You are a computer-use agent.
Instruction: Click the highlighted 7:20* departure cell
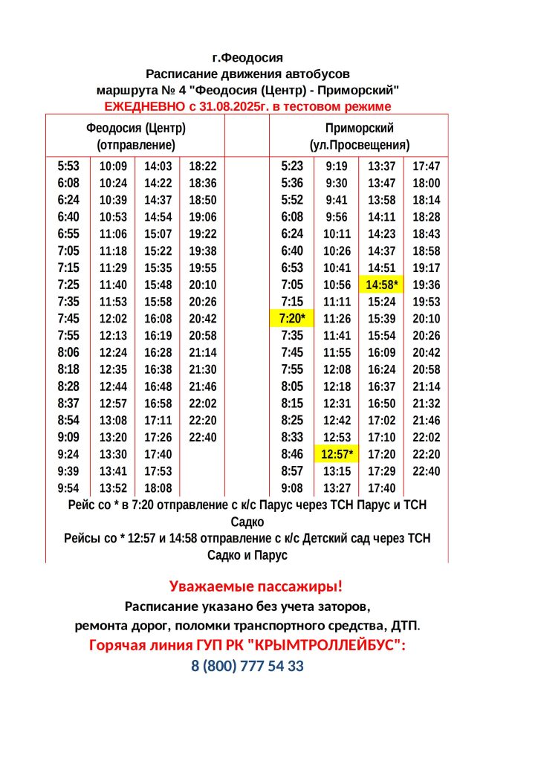point(292,318)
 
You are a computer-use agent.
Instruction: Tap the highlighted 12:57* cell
point(337,453)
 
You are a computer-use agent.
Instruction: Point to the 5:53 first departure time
point(68,166)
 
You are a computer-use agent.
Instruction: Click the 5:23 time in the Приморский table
point(292,166)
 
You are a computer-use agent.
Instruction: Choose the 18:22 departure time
point(203,166)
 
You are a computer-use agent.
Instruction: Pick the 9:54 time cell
point(68,488)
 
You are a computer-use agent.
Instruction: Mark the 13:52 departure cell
point(113,488)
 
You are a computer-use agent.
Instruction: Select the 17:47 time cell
point(426,166)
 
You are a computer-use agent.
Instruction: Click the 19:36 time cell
point(426,285)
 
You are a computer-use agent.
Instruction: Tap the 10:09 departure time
point(113,166)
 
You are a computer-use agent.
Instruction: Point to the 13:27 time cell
point(337,488)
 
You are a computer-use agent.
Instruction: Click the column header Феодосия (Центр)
point(136,128)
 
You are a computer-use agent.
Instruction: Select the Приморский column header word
point(359,128)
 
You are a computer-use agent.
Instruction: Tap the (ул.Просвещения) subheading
point(360,145)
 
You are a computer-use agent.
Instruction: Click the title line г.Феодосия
point(247,57)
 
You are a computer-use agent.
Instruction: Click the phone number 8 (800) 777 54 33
point(247,666)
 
